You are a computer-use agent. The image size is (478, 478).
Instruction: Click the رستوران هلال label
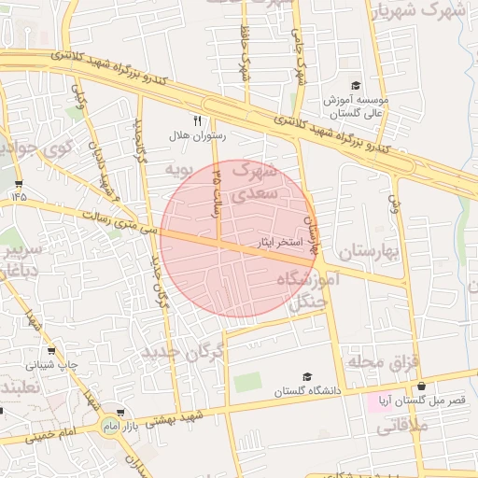[192, 136]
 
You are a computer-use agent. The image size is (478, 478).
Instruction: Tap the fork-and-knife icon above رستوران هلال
[197, 121]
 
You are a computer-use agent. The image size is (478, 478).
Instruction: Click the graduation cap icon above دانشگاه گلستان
[279, 376]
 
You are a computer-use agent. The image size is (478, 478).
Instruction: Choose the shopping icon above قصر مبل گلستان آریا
[421, 386]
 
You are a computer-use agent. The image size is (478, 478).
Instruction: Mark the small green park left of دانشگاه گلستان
[247, 382]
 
